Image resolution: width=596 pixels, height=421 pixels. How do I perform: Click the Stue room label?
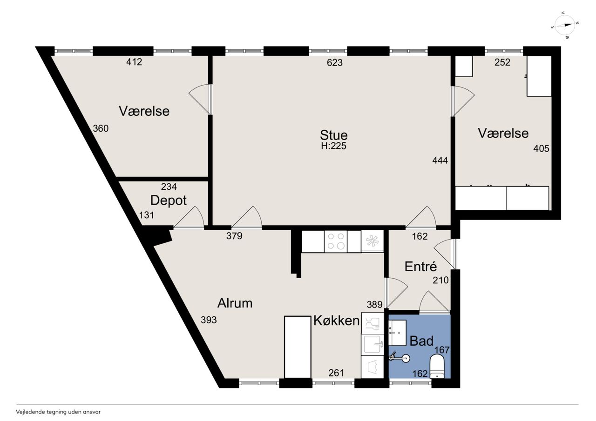(334, 135)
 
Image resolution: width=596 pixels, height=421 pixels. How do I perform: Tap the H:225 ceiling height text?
(334, 146)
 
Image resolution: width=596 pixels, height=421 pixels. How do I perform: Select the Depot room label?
(169, 200)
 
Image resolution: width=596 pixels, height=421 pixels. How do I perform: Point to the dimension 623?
(335, 62)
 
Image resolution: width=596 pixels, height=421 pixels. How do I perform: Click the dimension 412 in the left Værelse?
(134, 62)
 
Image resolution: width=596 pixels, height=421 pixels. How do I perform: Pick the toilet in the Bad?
(437, 368)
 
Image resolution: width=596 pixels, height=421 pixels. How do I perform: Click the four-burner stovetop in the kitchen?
(336, 241)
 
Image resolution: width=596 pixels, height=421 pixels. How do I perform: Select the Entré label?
(420, 266)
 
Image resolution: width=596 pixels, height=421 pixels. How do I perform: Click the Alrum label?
(235, 303)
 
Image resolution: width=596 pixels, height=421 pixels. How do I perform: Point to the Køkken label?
(337, 321)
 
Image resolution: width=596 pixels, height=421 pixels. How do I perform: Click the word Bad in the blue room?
(421, 341)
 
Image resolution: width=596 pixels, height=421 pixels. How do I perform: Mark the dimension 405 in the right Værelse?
(541, 148)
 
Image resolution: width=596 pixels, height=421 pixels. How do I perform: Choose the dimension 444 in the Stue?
(440, 160)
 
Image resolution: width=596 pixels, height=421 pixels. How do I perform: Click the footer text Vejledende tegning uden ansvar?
(58, 412)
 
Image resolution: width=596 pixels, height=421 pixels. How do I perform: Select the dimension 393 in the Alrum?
(209, 320)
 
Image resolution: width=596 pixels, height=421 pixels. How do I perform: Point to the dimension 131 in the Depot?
(147, 215)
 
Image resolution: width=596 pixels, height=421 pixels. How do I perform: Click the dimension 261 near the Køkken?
(336, 373)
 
